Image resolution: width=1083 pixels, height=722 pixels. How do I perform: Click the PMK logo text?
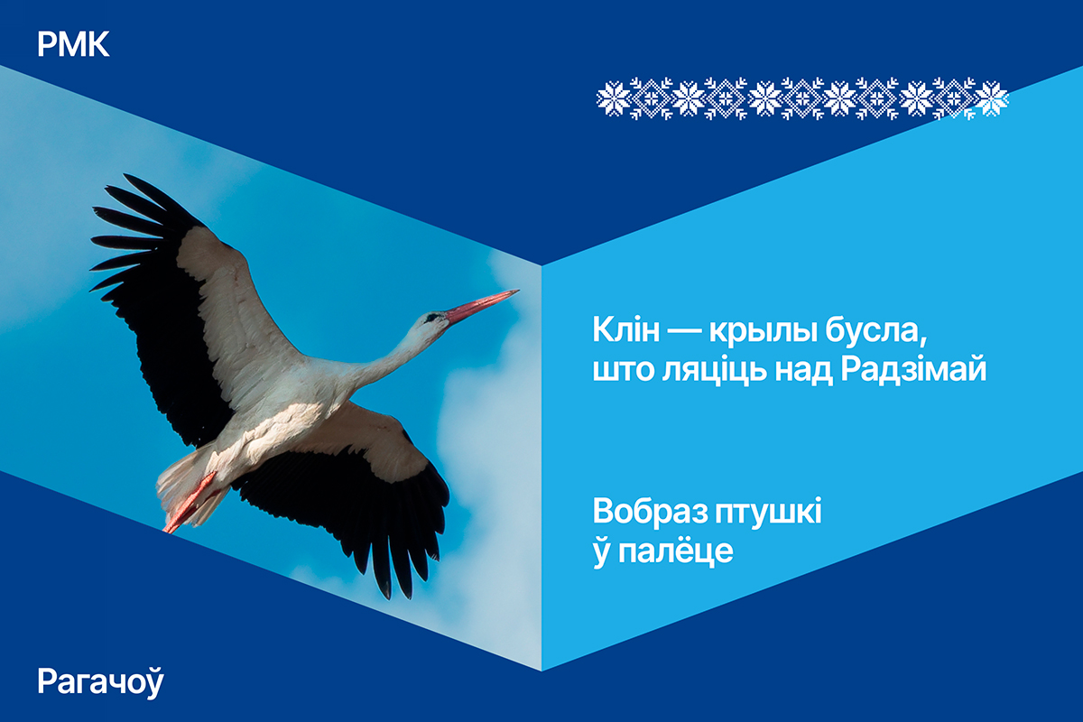point(73,44)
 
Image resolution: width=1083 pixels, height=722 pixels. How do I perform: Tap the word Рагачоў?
point(100,682)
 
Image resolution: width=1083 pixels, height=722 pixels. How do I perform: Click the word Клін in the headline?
point(626,330)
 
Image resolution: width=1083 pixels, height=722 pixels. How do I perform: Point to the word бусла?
point(876,331)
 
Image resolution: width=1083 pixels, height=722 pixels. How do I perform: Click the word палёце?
point(676,551)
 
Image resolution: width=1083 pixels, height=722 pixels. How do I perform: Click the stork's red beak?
point(482,305)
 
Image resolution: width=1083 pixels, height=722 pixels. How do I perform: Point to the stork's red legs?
point(189,503)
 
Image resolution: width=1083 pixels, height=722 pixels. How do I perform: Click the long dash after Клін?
point(685,333)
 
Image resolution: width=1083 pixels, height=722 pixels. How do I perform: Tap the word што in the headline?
point(623,373)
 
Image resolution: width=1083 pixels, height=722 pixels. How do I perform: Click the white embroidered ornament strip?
point(802,98)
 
